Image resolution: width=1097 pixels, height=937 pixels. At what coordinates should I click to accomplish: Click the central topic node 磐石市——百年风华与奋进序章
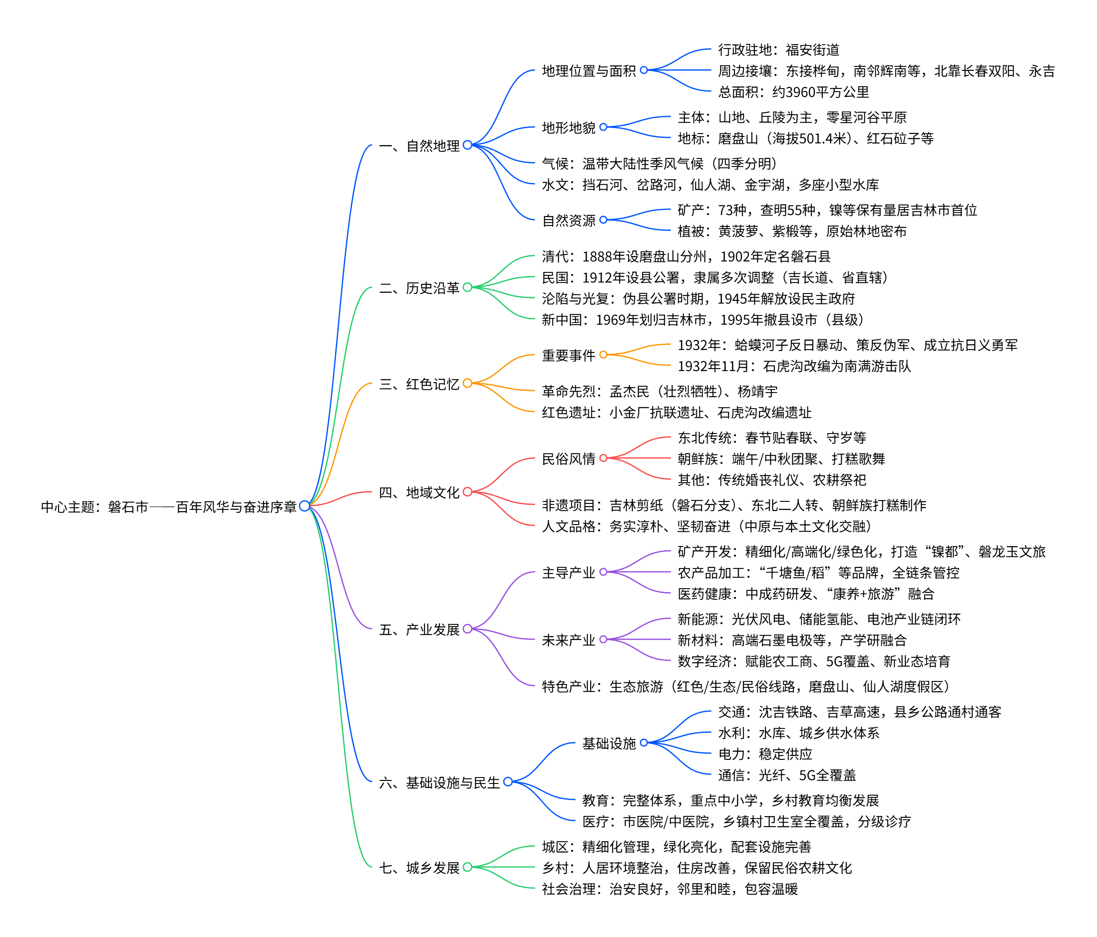pyautogui.click(x=168, y=507)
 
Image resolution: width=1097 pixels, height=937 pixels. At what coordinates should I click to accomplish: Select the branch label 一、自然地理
pyautogui.click(x=419, y=145)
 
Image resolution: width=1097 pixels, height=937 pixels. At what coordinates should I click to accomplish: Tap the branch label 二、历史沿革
pyautogui.click(x=419, y=288)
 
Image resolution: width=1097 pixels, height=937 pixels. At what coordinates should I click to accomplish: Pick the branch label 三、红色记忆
pyautogui.click(x=419, y=384)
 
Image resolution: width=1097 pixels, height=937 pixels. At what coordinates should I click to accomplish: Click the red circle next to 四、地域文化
pyautogui.click(x=467, y=492)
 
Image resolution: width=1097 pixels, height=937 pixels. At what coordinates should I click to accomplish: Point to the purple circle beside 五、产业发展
pyautogui.click(x=467, y=629)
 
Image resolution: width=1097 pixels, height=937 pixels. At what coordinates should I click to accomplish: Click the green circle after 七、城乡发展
pyautogui.click(x=467, y=867)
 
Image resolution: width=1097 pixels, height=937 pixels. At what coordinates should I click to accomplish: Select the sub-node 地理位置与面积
pyautogui.click(x=588, y=70)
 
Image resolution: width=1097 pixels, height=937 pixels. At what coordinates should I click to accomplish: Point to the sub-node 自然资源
pyautogui.click(x=569, y=220)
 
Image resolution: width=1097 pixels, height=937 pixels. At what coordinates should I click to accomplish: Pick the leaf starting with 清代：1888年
pyautogui.click(x=686, y=257)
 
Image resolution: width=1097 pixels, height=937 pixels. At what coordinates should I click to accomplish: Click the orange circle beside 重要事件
pyautogui.click(x=603, y=355)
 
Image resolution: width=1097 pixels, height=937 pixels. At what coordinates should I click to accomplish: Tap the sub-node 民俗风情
pyautogui.click(x=569, y=459)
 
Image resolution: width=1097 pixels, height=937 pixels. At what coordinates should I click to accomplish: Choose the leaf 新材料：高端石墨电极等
pyautogui.click(x=792, y=640)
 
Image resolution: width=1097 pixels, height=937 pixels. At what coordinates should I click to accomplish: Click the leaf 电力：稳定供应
pyautogui.click(x=765, y=754)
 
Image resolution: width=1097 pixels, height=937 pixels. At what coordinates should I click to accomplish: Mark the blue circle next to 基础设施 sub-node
pyautogui.click(x=644, y=743)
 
